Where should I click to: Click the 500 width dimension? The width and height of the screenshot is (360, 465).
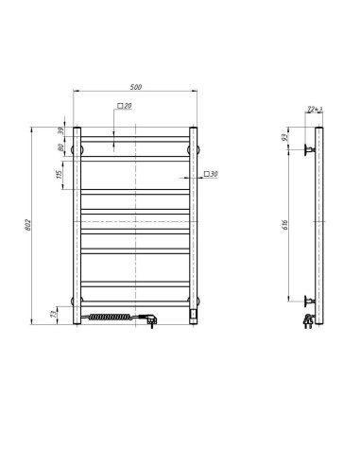point(137,87)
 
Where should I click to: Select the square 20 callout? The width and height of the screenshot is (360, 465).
point(126,106)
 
